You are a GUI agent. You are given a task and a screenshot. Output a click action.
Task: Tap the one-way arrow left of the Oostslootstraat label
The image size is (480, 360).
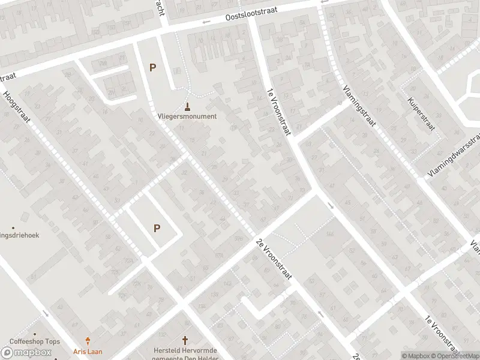(206, 23)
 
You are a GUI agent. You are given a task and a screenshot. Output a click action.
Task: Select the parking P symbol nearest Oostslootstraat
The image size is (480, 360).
(152, 67)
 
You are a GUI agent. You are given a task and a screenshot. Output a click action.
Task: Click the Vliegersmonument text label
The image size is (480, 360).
(187, 116)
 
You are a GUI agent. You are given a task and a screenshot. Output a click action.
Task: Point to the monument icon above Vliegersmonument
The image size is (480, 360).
(188, 107)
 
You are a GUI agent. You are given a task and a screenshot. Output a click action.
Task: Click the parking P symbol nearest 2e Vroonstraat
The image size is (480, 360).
(157, 228)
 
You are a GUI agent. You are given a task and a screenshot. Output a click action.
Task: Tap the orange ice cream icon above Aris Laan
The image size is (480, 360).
(89, 340)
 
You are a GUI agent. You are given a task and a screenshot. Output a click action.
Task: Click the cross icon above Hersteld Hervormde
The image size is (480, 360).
(185, 340)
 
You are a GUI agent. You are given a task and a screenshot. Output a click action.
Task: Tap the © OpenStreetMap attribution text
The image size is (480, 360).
(454, 356)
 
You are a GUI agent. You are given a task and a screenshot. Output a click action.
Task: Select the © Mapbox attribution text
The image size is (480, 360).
(415, 356)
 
